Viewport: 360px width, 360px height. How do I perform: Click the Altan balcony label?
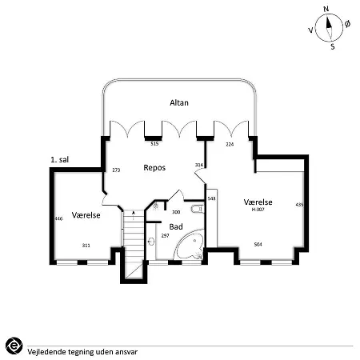pos(179,102)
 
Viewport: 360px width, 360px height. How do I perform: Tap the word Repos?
pos(154,168)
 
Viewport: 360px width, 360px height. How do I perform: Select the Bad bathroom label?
pos(176,226)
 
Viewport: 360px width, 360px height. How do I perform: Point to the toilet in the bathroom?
pos(198,209)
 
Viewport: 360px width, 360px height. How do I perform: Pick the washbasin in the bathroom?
pos(151,242)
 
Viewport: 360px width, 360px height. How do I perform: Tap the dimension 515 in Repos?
pos(154,144)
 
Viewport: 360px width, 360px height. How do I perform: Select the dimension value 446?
pos(58,218)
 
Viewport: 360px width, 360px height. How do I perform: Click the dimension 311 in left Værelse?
pos(86,246)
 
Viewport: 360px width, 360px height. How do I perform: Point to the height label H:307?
pos(258,210)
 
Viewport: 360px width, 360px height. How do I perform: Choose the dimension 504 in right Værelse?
pos(258,244)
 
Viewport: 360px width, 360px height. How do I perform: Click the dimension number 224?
pos(230,144)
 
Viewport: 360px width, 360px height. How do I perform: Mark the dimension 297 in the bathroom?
pos(165,236)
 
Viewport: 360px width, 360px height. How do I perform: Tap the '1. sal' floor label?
pos(60,160)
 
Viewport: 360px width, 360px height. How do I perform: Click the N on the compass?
pos(326,9)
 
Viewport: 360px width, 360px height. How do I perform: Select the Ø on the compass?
pos(347,24)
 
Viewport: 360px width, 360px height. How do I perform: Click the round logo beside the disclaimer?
pos(14,346)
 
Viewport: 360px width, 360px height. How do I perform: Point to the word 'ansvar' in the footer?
pos(126,352)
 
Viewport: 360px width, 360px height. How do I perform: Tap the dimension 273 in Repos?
pos(116,170)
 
